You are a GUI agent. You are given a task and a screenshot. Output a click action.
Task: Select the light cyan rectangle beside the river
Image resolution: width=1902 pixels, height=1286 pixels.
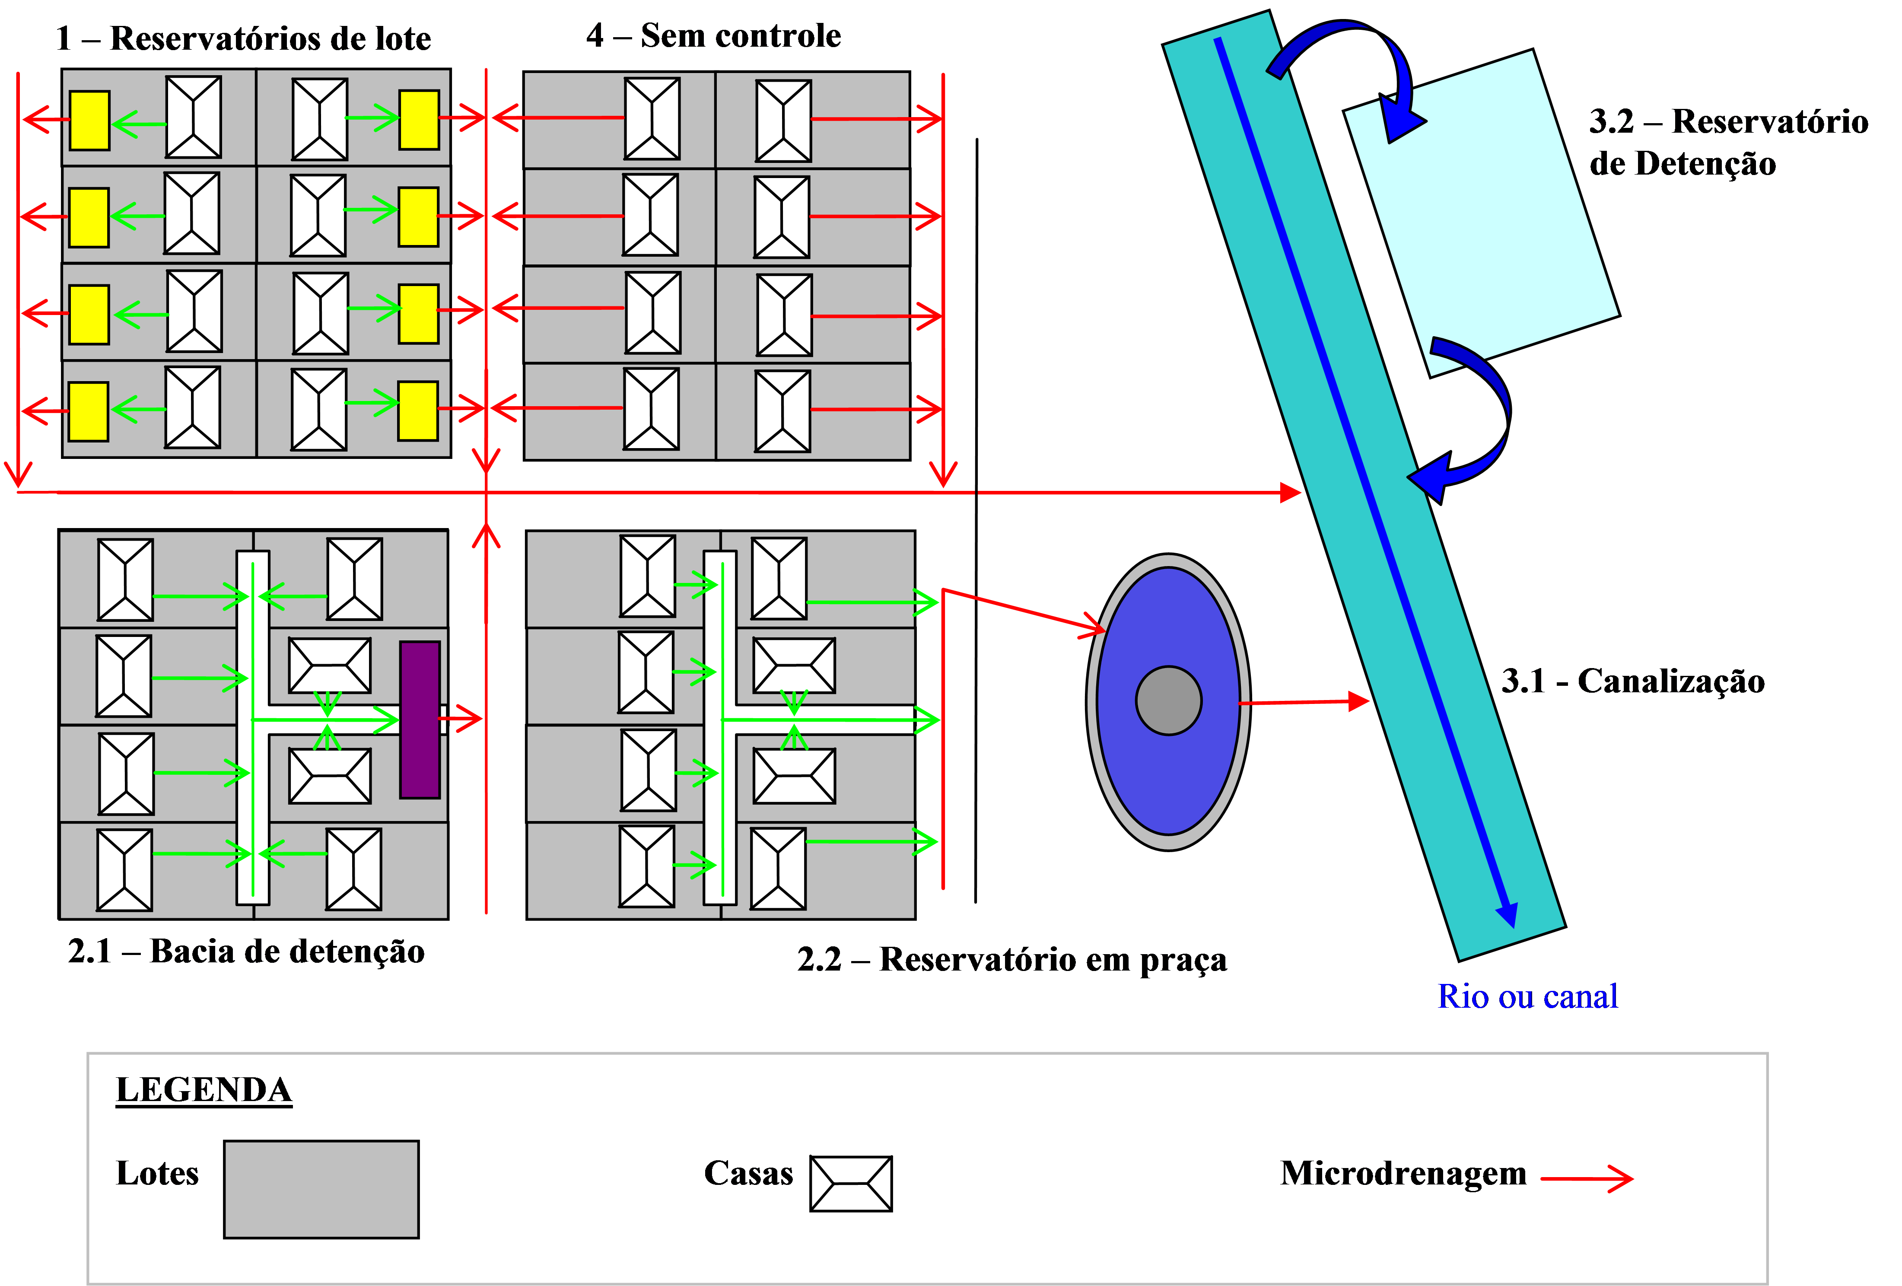[x=1481, y=213]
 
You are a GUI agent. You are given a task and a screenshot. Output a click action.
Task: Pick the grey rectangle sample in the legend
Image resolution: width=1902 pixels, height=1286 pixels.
[x=321, y=1189]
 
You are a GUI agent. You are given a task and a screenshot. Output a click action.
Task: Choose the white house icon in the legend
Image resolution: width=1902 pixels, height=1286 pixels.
[x=851, y=1184]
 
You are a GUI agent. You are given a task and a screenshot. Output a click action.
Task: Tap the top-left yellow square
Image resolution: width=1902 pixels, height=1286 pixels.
[x=89, y=120]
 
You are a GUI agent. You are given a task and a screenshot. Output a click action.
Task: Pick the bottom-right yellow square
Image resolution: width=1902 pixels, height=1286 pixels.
[x=418, y=411]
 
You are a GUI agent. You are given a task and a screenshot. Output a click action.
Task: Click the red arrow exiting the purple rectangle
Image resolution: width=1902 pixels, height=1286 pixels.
[x=462, y=719]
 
